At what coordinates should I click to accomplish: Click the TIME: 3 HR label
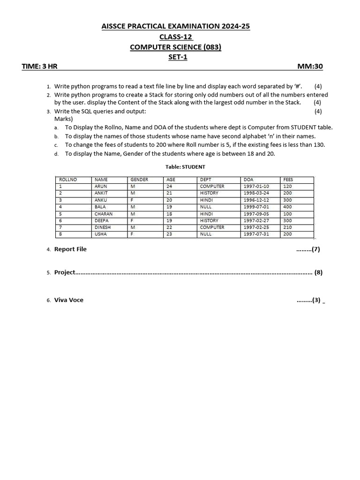click(x=39, y=67)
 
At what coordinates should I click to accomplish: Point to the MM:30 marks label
click(x=310, y=67)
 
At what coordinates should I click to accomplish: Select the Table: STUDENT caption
click(x=185, y=167)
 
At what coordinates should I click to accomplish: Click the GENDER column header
click(x=139, y=180)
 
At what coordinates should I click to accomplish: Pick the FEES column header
click(x=288, y=180)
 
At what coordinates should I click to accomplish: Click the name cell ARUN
click(x=101, y=186)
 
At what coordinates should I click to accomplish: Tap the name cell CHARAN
click(x=104, y=213)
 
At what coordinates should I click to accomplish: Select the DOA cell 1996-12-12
click(x=256, y=200)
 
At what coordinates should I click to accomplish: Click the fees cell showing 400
click(x=287, y=207)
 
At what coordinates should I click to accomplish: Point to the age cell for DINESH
click(x=169, y=227)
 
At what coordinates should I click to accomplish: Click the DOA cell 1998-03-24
click(x=256, y=193)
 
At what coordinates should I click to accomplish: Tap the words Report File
click(x=70, y=249)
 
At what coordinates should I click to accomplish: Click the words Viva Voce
click(x=69, y=300)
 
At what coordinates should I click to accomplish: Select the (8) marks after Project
click(x=318, y=272)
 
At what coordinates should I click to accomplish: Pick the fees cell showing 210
click(x=287, y=227)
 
